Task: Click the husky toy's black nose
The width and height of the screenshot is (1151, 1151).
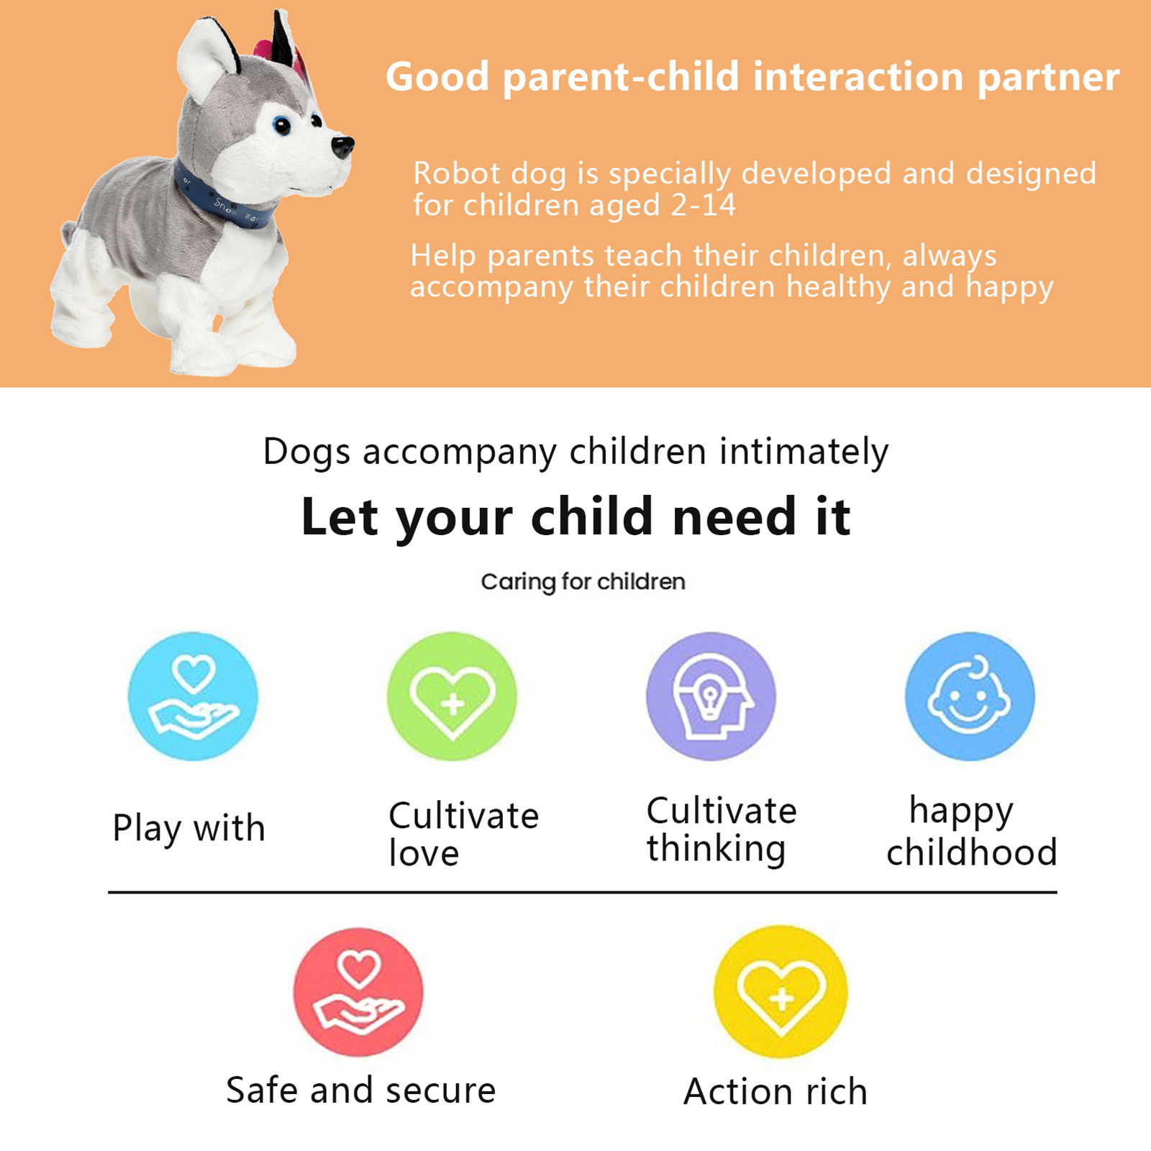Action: tap(342, 146)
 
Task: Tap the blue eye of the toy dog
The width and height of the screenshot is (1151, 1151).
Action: tap(282, 127)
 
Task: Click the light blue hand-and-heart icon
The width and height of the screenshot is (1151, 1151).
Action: tap(193, 696)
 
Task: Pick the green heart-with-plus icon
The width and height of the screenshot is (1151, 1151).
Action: tap(452, 696)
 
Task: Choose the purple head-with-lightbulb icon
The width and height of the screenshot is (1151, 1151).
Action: tap(711, 696)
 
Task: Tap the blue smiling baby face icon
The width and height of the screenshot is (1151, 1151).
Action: tap(970, 696)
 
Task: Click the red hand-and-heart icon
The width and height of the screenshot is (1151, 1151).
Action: tap(358, 992)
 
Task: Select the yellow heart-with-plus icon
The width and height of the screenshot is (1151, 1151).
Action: tap(781, 992)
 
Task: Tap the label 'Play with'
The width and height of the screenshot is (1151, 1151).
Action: tap(188, 829)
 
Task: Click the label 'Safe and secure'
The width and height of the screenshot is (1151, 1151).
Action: tap(361, 1091)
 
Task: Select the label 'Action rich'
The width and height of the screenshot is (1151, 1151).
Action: tap(775, 1091)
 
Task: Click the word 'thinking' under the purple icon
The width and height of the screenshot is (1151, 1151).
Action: tap(716, 849)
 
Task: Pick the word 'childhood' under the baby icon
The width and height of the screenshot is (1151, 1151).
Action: tap(972, 852)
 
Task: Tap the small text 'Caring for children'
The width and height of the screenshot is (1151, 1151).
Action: tap(583, 582)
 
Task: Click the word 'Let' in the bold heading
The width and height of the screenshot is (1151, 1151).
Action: tap(340, 517)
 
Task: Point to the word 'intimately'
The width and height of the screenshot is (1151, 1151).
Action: tap(804, 452)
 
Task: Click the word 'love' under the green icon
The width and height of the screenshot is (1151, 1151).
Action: tap(424, 853)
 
